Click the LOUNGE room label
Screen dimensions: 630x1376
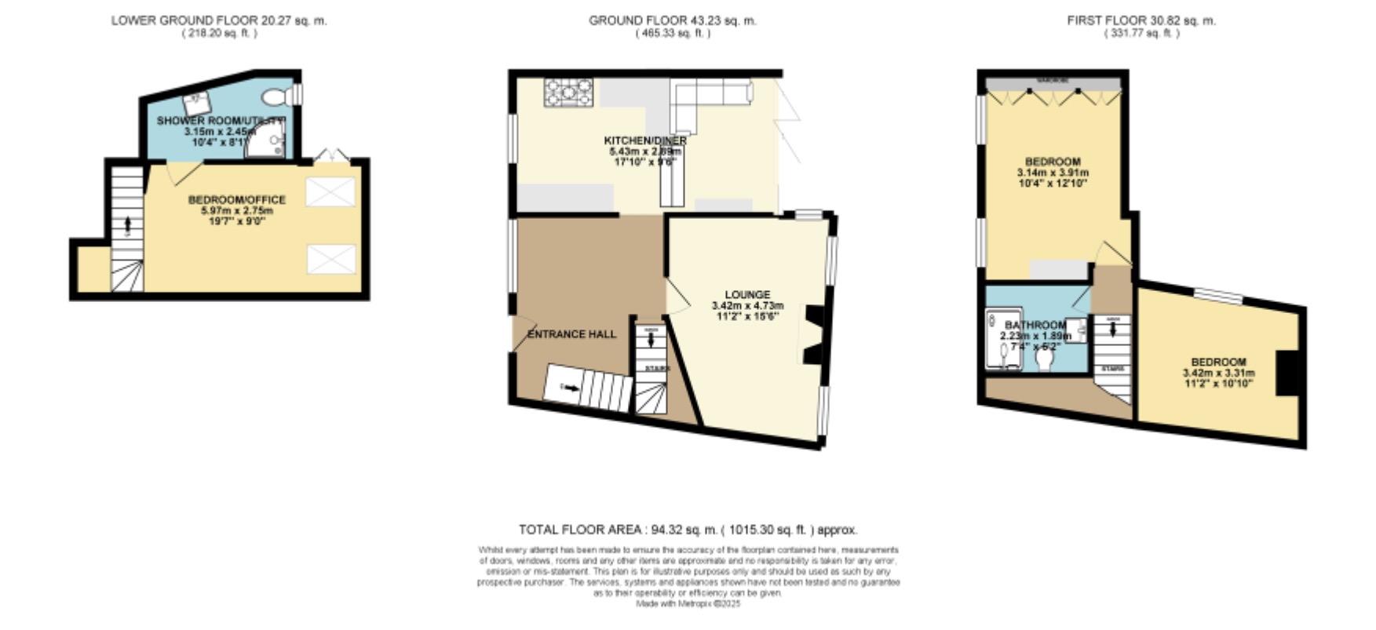coord(746,295)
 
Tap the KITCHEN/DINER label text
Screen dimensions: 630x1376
coord(644,140)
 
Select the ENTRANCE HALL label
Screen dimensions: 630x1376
coord(571,334)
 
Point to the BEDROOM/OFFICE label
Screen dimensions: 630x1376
coord(236,200)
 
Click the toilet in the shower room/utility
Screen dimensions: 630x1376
coord(276,97)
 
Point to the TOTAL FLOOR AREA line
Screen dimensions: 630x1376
coord(688,530)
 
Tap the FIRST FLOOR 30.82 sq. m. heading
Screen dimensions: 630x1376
coord(1141,21)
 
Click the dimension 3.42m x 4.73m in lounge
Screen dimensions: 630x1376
coord(746,306)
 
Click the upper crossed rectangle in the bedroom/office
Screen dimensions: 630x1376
coord(330,192)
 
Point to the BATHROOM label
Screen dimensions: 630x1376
coord(1035,325)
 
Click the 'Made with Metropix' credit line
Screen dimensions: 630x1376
coord(688,604)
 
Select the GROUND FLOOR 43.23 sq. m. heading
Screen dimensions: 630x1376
coord(672,21)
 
